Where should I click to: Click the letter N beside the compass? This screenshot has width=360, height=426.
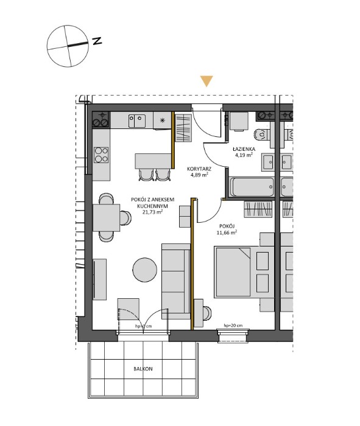click(97, 41)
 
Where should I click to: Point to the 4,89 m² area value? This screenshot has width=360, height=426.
click(199, 175)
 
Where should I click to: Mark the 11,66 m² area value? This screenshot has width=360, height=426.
click(228, 232)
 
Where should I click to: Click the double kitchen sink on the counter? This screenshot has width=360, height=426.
click(136, 120)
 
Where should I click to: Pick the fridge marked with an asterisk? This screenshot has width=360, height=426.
click(161, 120)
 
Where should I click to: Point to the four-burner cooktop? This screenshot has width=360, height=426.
click(101, 155)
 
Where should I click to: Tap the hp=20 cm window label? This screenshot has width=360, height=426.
click(233, 326)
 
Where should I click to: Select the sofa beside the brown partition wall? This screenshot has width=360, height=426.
click(175, 281)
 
